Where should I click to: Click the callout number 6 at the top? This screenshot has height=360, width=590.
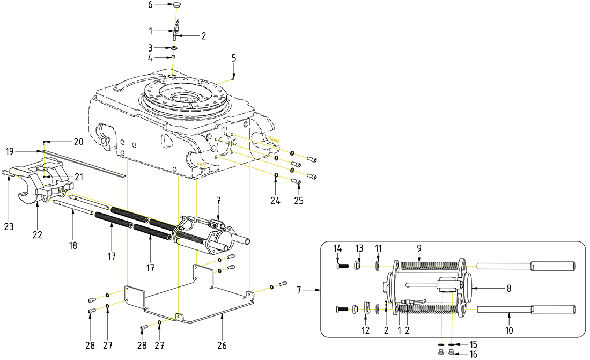coord(151,4)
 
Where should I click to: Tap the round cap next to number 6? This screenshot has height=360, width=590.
coord(178,5)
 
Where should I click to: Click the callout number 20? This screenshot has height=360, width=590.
coord(79,142)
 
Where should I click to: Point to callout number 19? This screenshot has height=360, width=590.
coord(10,152)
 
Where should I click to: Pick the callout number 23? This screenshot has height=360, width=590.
coord(9,227)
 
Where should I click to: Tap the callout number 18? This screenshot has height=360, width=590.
coord(73,245)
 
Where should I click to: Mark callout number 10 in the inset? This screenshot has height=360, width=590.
coord(509,330)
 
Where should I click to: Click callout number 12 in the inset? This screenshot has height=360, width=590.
coord(365,330)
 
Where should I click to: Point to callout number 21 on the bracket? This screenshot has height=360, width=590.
coord(79,176)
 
